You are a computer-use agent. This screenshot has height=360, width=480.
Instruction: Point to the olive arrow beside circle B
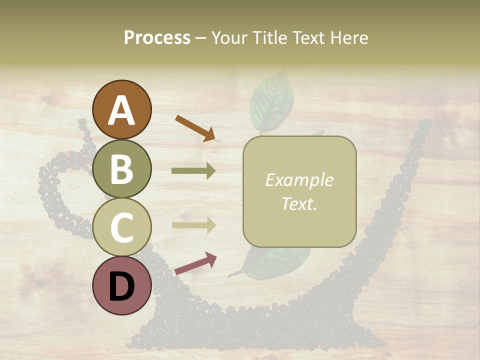(x=193, y=171)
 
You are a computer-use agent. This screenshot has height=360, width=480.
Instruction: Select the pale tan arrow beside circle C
(x=193, y=225)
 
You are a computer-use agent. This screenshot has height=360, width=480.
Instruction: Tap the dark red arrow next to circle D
(x=195, y=263)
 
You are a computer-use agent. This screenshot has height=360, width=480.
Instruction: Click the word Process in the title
(x=157, y=37)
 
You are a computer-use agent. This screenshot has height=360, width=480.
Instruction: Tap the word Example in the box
(x=299, y=180)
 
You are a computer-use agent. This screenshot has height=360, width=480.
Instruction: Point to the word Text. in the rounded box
(x=299, y=203)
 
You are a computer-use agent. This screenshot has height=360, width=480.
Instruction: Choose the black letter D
(x=121, y=286)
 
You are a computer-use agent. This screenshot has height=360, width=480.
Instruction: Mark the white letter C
(x=121, y=227)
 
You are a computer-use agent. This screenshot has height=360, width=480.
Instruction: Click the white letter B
(x=121, y=169)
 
